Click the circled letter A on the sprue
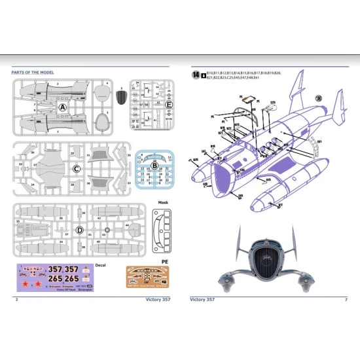(63, 106)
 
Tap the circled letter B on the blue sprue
(155, 164)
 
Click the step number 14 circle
(195, 75)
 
